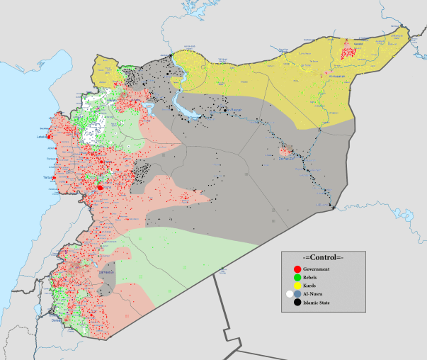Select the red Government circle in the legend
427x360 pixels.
(296, 270)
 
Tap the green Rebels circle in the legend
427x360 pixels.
(296, 278)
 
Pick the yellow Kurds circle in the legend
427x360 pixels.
(296, 286)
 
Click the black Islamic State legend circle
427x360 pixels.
(296, 303)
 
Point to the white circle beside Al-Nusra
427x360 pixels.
(289, 294)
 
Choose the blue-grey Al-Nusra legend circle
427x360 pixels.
(298, 294)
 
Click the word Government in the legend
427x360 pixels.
(317, 270)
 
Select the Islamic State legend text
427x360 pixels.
(318, 303)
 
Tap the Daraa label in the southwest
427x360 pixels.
(56, 320)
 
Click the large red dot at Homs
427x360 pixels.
(100, 188)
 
